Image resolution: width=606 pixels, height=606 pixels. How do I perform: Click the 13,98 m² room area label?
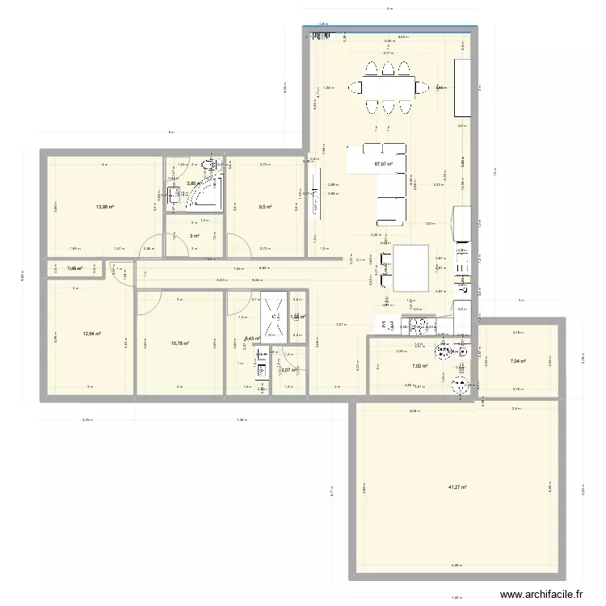(x=104, y=207)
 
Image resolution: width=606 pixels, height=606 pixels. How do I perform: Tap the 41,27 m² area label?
(x=458, y=487)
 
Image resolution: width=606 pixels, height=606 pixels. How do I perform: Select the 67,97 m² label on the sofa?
(x=382, y=164)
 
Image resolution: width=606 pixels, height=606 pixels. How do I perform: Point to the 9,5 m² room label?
(x=265, y=207)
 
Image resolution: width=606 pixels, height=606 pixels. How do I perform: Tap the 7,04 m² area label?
(x=517, y=361)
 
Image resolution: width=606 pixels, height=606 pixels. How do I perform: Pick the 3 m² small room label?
(x=195, y=236)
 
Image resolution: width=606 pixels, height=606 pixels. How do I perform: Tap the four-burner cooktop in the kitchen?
(x=420, y=327)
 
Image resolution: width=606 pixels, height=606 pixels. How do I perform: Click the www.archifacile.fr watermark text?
(x=541, y=594)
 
